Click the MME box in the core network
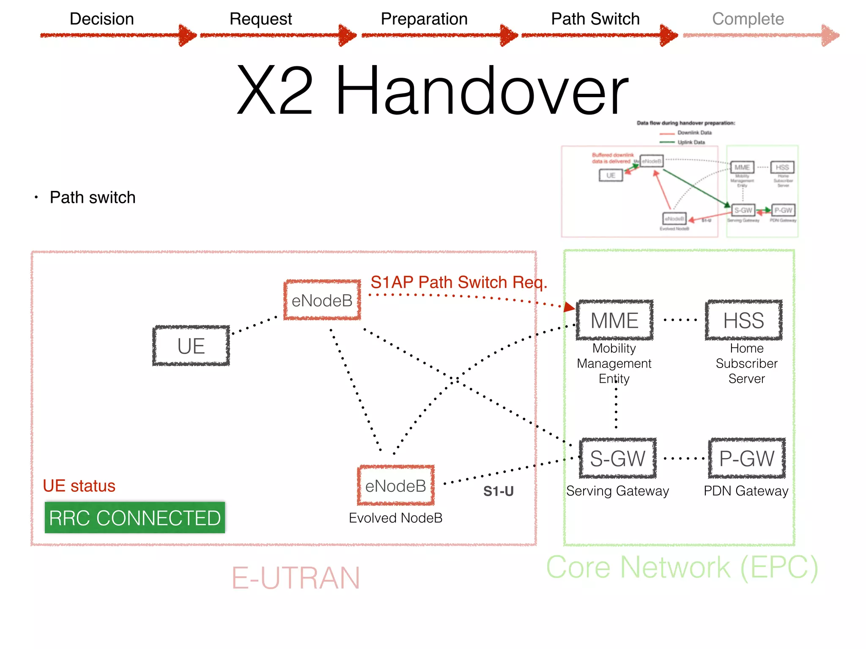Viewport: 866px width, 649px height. point(614,320)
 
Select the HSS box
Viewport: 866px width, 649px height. point(743,320)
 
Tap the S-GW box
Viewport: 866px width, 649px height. point(617,458)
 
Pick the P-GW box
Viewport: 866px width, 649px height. point(747,458)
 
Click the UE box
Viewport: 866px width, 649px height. point(191,346)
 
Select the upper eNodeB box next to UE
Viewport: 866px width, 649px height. point(322,300)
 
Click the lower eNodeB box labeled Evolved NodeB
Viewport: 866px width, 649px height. point(396,486)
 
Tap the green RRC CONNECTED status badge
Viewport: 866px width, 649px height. point(135,518)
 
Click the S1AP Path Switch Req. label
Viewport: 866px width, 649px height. point(459,282)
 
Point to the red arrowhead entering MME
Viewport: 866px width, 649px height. point(569,307)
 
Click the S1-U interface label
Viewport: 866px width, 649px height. point(498,491)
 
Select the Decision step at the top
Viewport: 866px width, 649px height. point(102,19)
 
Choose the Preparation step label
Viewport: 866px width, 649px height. point(424,19)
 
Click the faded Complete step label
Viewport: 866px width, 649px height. point(748,19)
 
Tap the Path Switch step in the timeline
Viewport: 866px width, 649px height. point(595,19)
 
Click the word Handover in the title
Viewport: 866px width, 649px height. point(482,91)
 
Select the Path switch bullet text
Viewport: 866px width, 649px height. point(93,197)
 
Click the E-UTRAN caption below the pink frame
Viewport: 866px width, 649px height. point(296,578)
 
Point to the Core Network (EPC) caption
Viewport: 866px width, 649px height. point(682,567)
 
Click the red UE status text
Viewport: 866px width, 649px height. point(79,486)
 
